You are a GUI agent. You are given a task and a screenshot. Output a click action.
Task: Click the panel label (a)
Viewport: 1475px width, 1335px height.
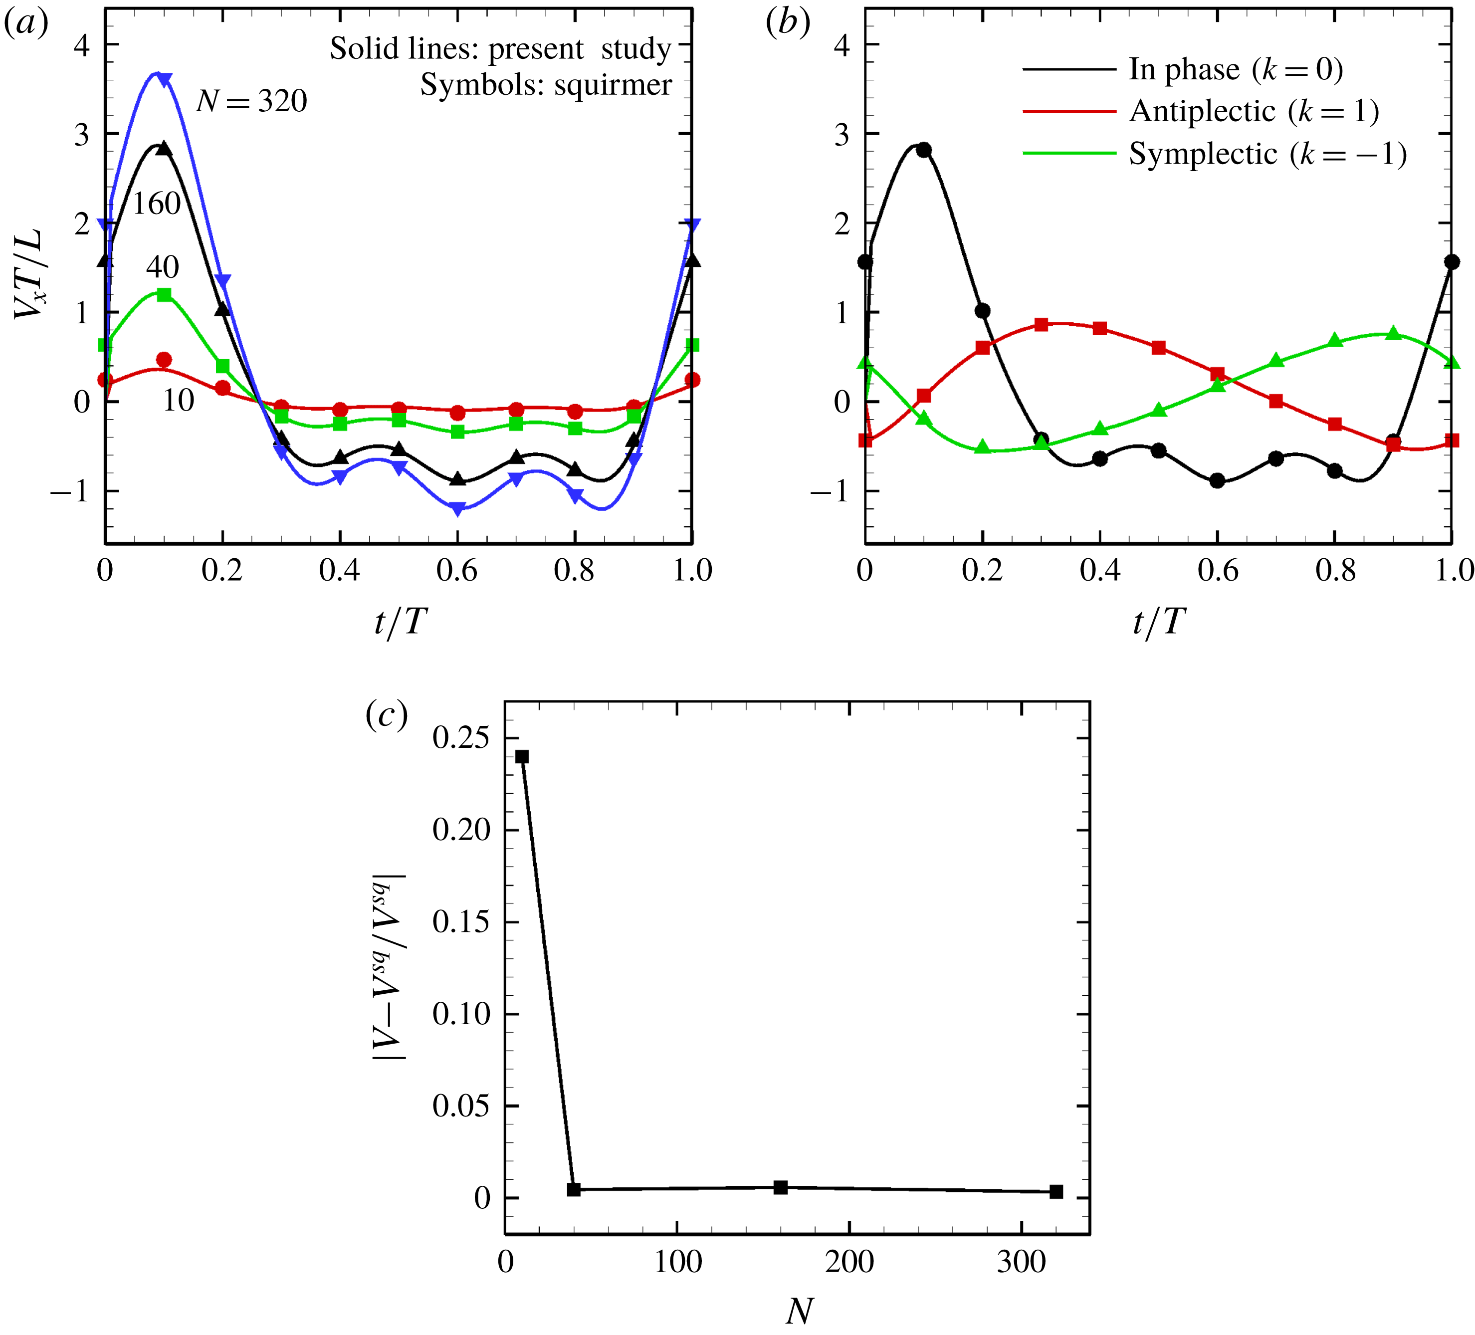[26, 24]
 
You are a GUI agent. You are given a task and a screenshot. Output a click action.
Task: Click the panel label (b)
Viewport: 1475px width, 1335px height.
[787, 24]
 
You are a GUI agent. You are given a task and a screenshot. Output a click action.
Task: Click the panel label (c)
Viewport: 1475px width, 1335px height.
[386, 715]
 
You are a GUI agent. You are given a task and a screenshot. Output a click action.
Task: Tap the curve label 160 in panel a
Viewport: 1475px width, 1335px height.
[157, 204]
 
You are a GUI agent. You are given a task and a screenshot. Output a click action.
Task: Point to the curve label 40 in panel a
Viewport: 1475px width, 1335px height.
[163, 267]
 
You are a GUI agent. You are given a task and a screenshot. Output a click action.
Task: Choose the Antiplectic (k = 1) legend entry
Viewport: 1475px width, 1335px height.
[1254, 111]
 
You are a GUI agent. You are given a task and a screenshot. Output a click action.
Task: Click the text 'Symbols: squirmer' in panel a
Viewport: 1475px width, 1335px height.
[546, 85]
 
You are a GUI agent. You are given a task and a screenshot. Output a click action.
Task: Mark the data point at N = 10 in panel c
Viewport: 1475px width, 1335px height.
[522, 757]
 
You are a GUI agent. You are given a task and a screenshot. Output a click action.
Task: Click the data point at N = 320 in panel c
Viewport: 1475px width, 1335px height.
[1056, 1191]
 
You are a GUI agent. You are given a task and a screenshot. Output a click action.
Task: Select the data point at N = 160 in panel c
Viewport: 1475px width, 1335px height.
[781, 1187]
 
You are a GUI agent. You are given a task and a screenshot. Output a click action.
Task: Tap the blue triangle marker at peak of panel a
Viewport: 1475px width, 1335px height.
[165, 79]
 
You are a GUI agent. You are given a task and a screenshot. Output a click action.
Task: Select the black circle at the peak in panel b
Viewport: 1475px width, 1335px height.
[924, 150]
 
